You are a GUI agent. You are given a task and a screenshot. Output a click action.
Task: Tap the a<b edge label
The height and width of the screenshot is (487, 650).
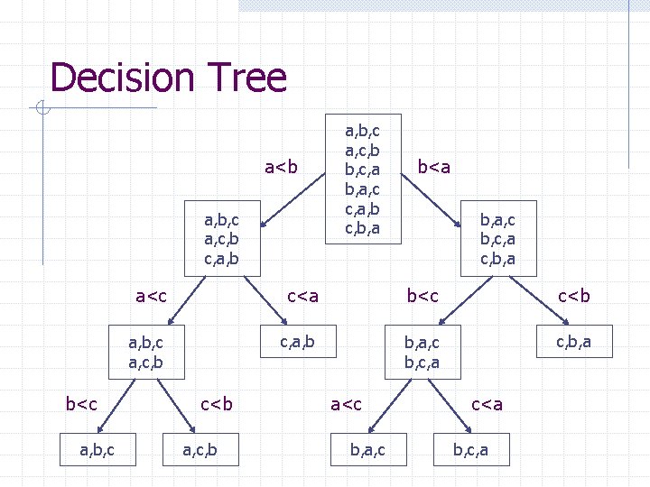281,166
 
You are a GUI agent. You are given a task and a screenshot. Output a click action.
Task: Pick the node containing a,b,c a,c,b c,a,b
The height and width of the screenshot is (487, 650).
222,239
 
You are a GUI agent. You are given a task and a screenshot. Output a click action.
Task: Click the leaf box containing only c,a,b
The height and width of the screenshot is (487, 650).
297,340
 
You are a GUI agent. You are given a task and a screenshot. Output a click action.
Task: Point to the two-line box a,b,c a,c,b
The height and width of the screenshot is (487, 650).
146,353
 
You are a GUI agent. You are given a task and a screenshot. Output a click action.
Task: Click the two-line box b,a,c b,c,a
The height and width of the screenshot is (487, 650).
422,353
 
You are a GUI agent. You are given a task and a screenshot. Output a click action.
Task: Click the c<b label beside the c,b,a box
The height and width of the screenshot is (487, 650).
574,295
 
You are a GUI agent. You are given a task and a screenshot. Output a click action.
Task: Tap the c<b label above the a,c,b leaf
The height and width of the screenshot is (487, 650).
216,403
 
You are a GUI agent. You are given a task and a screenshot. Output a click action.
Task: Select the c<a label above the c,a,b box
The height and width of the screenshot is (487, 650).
302,295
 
